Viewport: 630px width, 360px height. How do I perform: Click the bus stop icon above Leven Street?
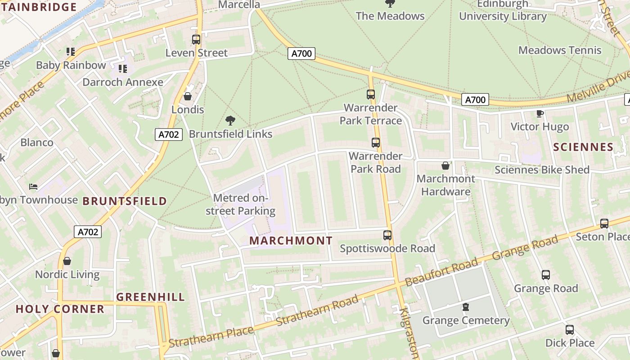196,40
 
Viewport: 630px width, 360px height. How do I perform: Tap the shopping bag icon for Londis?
188,97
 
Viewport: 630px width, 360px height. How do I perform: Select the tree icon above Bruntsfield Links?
230,121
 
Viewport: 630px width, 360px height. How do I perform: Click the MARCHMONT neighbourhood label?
291,241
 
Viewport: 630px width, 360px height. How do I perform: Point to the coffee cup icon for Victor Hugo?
540,113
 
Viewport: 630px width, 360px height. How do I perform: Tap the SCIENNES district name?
583,147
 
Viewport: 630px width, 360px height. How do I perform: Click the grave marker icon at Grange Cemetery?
466,307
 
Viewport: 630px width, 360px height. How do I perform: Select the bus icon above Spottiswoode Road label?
387,235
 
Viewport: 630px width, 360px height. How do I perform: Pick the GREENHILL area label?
150,297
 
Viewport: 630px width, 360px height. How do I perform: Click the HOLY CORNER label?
60,309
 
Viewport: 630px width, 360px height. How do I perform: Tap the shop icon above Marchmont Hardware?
445,166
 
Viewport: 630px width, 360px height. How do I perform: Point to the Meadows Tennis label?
560,50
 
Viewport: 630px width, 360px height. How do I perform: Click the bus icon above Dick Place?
570,330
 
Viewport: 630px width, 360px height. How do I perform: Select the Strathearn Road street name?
317,310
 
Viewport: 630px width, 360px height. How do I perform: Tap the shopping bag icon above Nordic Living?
67,261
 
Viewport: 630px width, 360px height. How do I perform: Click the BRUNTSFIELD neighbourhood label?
125,201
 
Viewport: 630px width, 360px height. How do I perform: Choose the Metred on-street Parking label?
241,204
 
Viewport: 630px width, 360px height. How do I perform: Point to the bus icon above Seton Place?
604,224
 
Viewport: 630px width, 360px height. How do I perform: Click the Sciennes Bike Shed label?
542,170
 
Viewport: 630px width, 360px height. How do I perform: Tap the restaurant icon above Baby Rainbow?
70,52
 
